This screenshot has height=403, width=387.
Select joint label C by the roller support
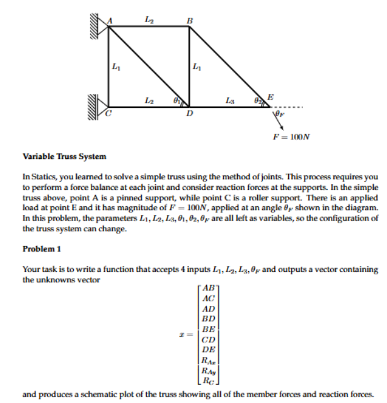coord(108,114)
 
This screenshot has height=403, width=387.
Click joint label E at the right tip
coord(270,96)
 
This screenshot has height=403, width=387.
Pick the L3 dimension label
coord(229,100)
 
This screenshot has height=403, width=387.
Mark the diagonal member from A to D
coord(149,66)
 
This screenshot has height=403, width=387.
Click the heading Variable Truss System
coord(55,156)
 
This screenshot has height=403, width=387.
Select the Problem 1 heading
coord(40,248)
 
